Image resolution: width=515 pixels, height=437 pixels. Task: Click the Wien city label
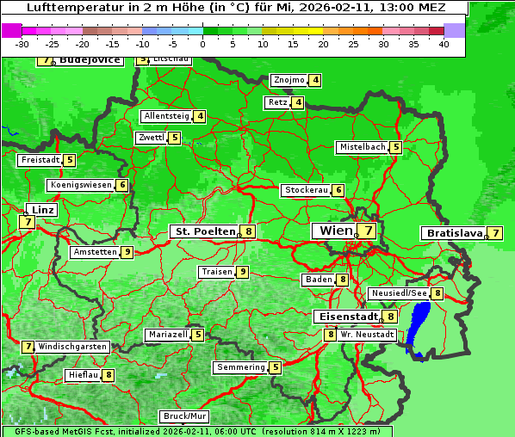tap(336, 231)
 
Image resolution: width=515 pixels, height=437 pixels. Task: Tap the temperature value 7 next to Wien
tap(369, 231)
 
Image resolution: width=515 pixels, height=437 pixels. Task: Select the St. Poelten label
tap(204, 231)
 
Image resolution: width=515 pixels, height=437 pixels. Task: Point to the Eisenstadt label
tap(345, 317)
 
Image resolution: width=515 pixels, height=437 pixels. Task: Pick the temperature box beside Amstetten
tap(127, 252)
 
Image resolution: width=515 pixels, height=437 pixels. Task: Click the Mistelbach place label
tap(362, 147)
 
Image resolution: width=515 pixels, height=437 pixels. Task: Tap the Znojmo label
tap(289, 80)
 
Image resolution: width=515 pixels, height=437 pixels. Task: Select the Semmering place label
tap(241, 367)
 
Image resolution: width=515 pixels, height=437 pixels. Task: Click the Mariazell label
tap(167, 335)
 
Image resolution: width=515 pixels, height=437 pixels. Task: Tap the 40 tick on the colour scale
tap(443, 44)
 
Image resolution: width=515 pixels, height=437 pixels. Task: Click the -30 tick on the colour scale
tap(22, 44)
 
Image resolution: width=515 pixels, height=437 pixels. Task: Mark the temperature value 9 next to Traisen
tap(243, 272)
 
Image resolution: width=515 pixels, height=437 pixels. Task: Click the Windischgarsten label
tap(73, 347)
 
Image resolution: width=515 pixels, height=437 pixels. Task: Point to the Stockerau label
tap(306, 190)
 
